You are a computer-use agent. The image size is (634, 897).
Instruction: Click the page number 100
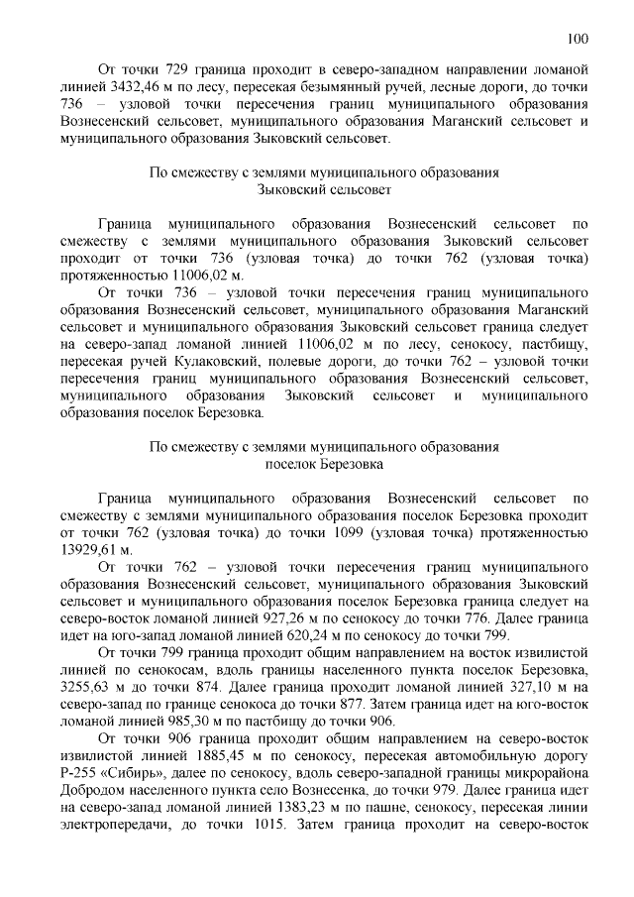click(579, 39)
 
